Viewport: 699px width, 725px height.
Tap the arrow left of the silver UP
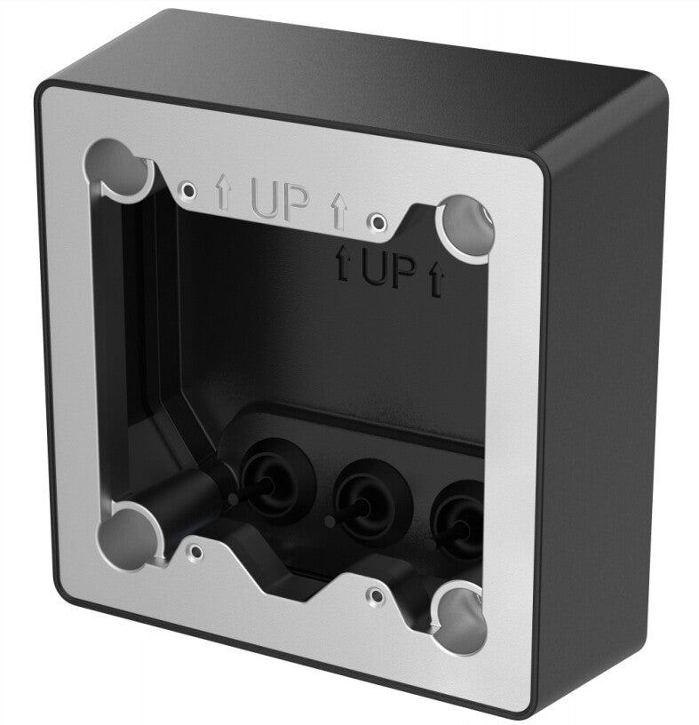223,193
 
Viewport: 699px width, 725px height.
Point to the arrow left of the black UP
340,264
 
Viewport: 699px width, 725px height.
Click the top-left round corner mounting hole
119,165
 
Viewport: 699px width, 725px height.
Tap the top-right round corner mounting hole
467,224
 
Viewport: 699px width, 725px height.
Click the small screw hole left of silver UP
187,188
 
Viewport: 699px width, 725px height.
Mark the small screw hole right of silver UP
378,219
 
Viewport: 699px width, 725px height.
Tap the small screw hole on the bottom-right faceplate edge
377,594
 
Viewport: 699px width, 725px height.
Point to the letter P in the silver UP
296,204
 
